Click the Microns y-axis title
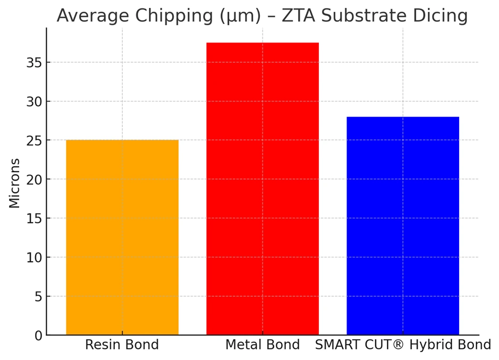click(14, 183)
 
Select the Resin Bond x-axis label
click(122, 345)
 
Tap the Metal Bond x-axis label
click(263, 345)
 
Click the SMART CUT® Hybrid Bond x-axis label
click(403, 345)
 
